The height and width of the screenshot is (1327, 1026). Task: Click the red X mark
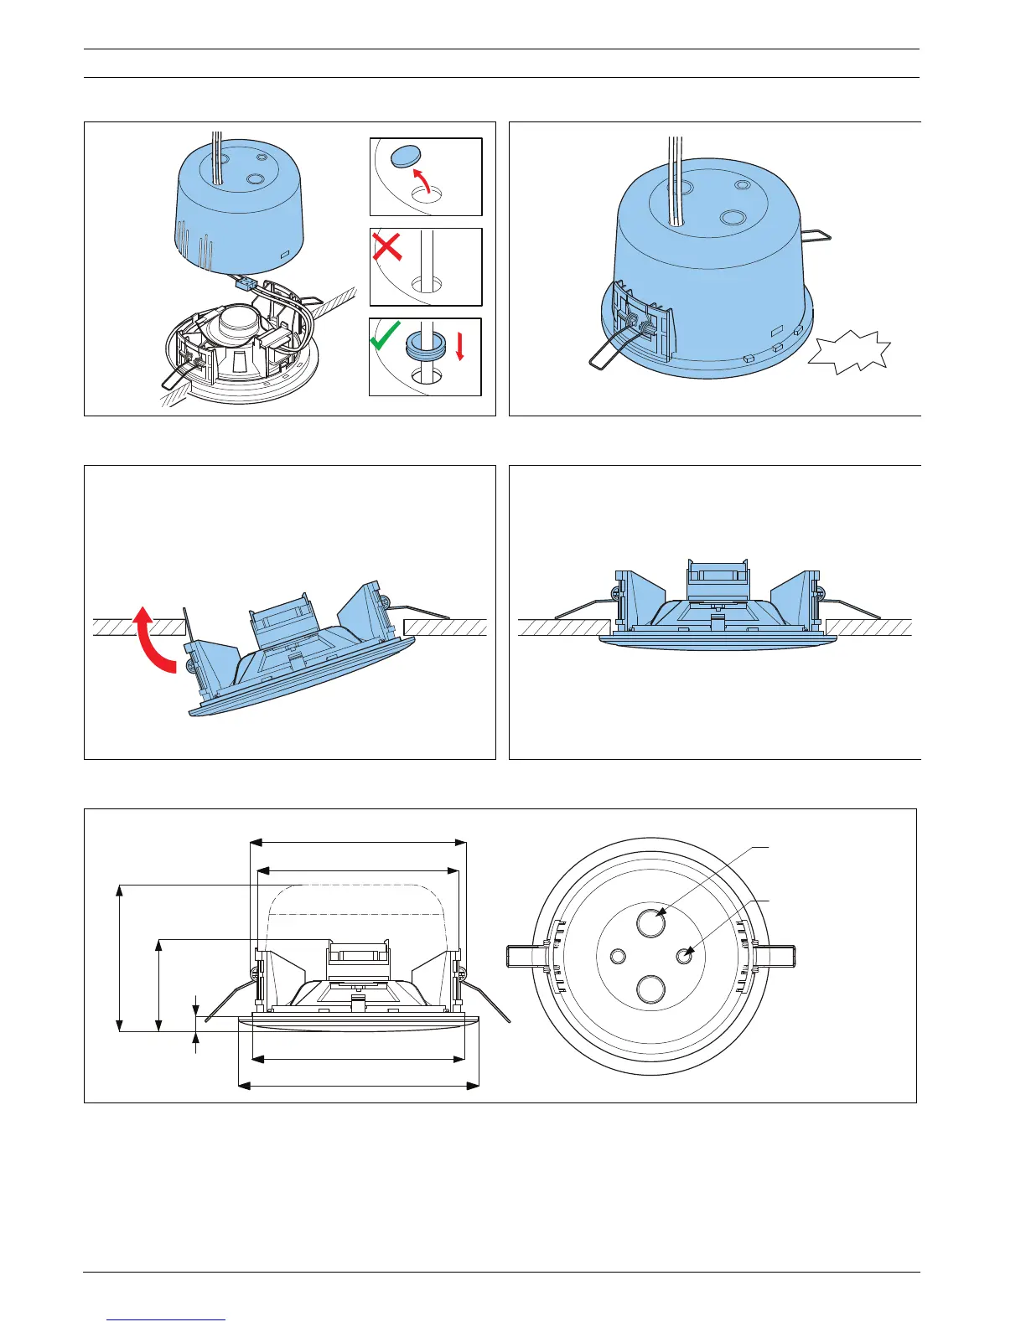pos(386,246)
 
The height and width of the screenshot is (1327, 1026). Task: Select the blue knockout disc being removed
pos(408,157)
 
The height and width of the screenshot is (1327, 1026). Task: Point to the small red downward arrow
pos(459,347)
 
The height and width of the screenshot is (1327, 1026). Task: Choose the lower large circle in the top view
pos(650,989)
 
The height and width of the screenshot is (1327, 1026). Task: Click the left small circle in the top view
pos(619,956)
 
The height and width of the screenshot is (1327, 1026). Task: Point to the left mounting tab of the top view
pos(525,956)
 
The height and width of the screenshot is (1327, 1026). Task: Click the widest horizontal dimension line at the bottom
pos(359,1087)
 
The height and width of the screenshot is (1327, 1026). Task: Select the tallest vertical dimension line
pos(120,958)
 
